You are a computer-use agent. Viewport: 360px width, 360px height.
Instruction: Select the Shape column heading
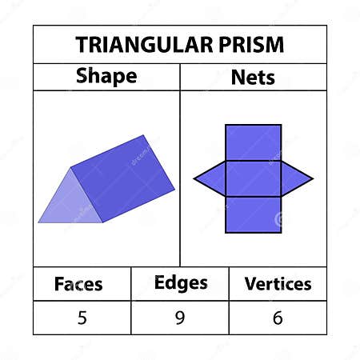(x=106, y=77)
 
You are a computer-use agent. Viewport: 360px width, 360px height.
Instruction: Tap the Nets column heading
(x=253, y=77)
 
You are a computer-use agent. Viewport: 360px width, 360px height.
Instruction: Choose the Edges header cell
(x=180, y=283)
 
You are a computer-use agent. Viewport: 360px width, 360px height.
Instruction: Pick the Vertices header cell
(x=278, y=284)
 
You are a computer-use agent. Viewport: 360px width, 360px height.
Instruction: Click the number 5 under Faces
(x=82, y=318)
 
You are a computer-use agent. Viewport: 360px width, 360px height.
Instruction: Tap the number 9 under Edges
(x=180, y=318)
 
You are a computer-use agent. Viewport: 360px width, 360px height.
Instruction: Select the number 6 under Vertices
(x=278, y=318)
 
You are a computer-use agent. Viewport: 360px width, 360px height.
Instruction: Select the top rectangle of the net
(x=253, y=142)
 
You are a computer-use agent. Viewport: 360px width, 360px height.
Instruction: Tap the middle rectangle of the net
(x=253, y=178)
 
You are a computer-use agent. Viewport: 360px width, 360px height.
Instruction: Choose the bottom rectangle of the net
(x=253, y=214)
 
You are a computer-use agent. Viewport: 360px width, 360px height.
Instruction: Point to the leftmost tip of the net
(x=195, y=178)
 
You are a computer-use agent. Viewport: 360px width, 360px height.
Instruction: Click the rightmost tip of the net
(x=312, y=178)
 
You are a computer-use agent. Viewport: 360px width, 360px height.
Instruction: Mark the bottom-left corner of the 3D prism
(x=39, y=222)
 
